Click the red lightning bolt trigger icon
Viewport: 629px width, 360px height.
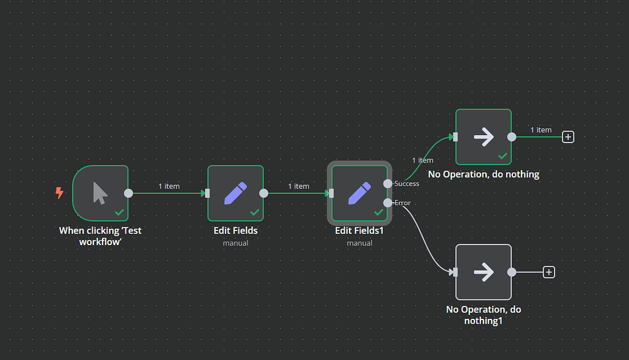[x=60, y=193]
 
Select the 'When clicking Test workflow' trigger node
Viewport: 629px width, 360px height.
[x=100, y=193]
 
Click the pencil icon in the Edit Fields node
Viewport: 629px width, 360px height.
[x=235, y=193]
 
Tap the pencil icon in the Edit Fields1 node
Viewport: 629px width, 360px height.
[x=359, y=193]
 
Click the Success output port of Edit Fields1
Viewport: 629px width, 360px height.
[x=388, y=183]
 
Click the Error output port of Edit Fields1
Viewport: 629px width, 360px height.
[x=388, y=203]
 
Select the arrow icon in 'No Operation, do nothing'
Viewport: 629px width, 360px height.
[x=483, y=137]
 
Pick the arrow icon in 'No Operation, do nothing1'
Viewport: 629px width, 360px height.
[x=483, y=272]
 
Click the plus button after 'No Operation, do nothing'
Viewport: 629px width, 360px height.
[x=568, y=137]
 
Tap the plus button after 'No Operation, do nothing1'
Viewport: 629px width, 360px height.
[x=549, y=272]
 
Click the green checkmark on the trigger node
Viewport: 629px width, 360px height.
[x=120, y=213]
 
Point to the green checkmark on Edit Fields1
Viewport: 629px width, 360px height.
[x=379, y=213]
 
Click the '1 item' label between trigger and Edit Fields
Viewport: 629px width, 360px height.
[x=169, y=186]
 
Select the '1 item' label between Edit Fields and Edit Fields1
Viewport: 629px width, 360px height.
[x=299, y=186]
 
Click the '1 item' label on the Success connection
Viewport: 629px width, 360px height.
[x=422, y=160]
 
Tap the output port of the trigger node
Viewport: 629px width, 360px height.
[x=128, y=193]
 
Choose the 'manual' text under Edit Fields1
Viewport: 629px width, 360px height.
[x=359, y=243]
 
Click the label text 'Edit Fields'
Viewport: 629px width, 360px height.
[x=235, y=230]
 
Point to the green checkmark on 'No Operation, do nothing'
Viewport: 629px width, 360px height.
[x=503, y=157]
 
